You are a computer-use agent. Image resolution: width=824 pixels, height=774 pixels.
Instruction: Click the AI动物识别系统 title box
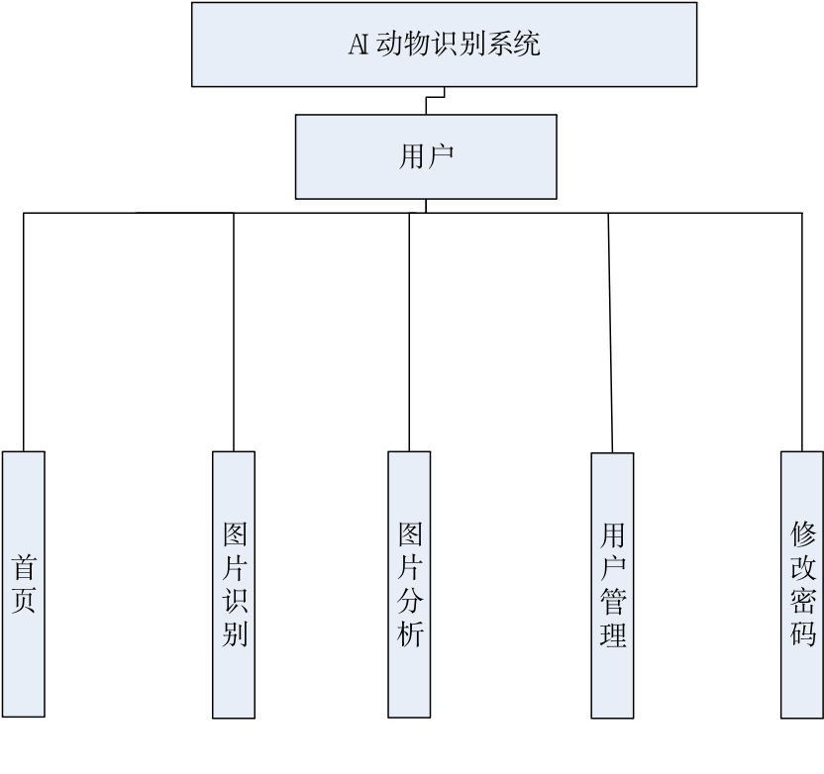tap(444, 45)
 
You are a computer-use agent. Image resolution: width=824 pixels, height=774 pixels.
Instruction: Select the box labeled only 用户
tap(426, 156)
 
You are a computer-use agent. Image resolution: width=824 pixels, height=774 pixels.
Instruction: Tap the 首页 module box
tap(24, 584)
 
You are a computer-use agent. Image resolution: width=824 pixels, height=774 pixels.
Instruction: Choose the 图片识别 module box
tap(234, 584)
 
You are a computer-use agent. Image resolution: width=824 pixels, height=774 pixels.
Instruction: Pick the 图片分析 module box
tap(409, 584)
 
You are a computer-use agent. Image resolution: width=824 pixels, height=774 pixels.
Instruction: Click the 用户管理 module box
tap(612, 585)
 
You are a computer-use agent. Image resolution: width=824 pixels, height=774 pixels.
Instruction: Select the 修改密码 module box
tap(802, 585)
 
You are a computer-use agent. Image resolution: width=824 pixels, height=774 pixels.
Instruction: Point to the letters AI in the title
tap(359, 45)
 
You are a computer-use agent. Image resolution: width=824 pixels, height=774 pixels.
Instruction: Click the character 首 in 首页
tap(24, 568)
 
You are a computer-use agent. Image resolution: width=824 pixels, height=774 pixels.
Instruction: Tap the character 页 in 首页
tap(24, 601)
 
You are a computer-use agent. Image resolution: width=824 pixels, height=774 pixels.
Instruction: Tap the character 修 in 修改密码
tap(803, 535)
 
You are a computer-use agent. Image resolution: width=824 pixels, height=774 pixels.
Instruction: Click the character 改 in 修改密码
tap(803, 568)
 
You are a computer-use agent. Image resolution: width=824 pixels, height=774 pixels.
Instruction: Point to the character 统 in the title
tap(528, 45)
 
